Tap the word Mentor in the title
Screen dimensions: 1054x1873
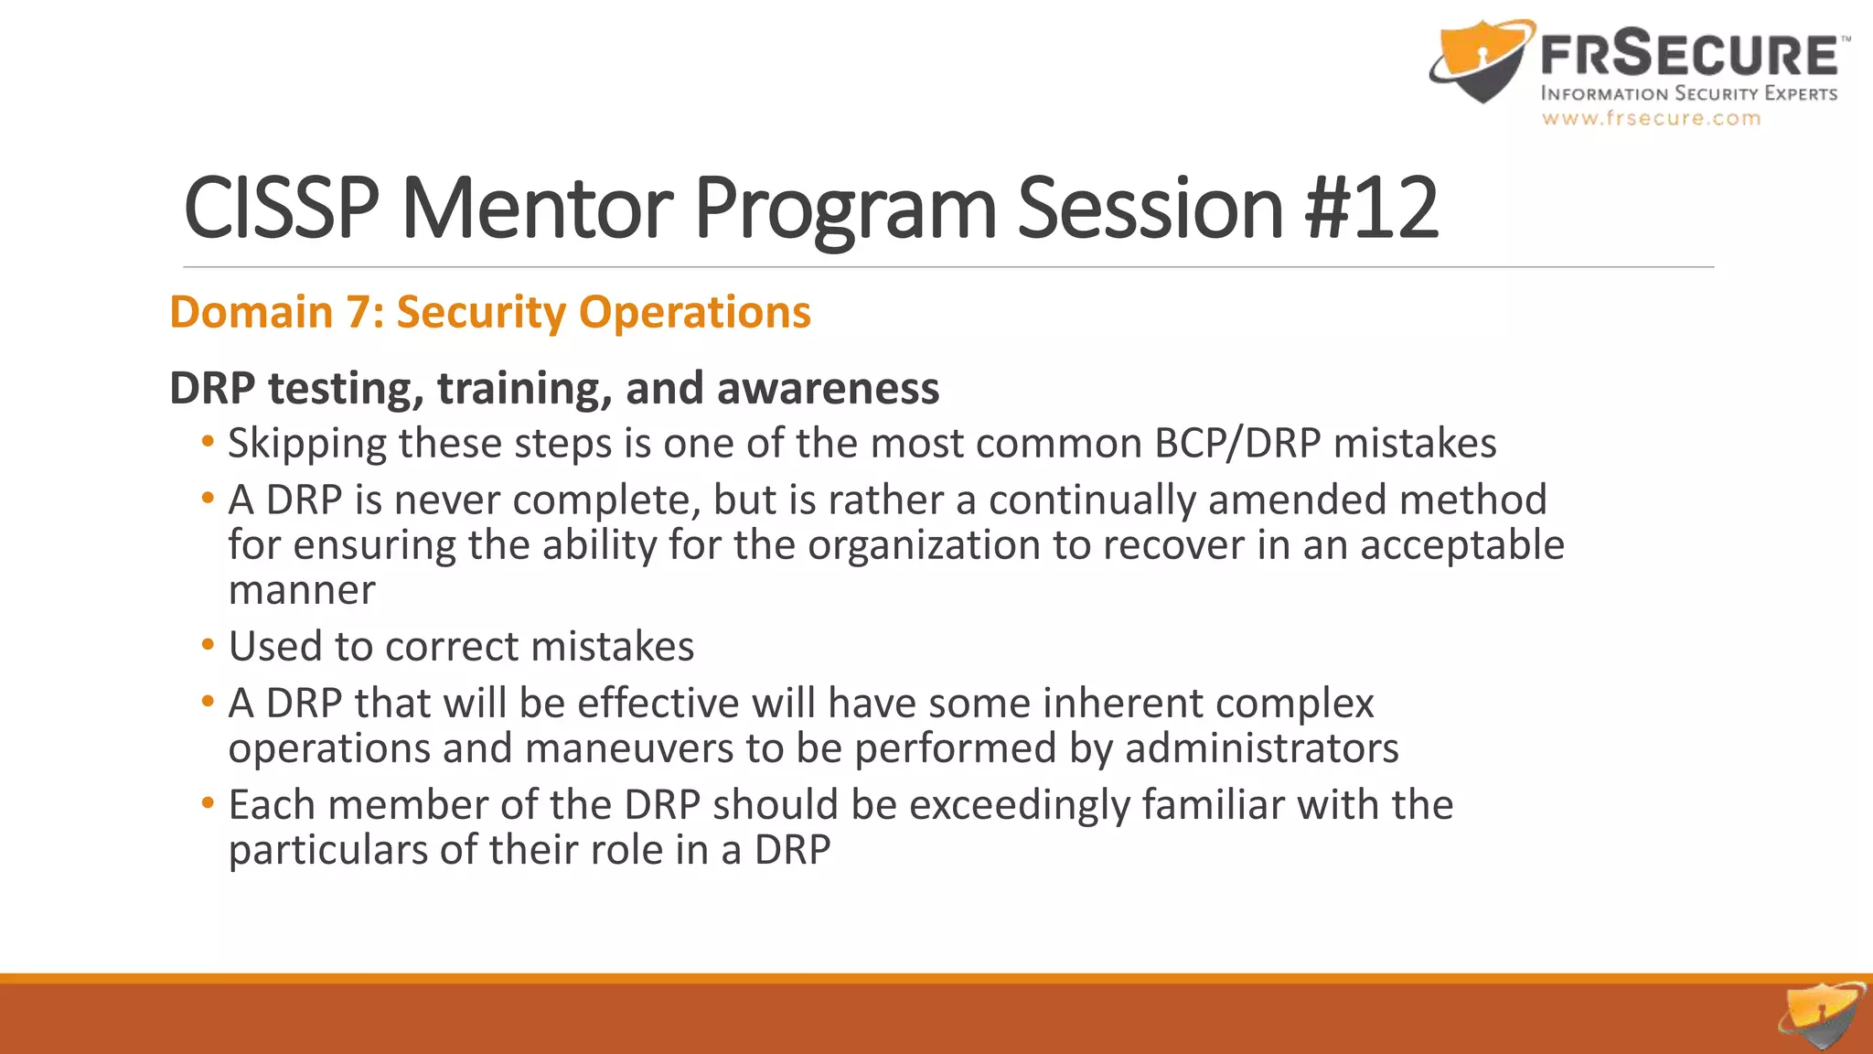point(538,209)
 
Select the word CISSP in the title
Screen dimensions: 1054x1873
point(281,209)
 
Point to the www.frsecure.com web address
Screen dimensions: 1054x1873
point(1651,118)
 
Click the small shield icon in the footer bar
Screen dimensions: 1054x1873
point(1821,1016)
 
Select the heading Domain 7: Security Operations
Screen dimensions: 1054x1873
point(490,312)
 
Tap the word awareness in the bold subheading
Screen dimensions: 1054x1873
point(828,388)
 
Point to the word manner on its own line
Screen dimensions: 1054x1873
point(302,591)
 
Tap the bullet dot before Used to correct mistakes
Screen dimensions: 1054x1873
point(208,645)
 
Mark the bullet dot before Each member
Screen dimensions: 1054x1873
point(208,803)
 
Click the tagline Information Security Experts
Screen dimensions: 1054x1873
point(1688,93)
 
